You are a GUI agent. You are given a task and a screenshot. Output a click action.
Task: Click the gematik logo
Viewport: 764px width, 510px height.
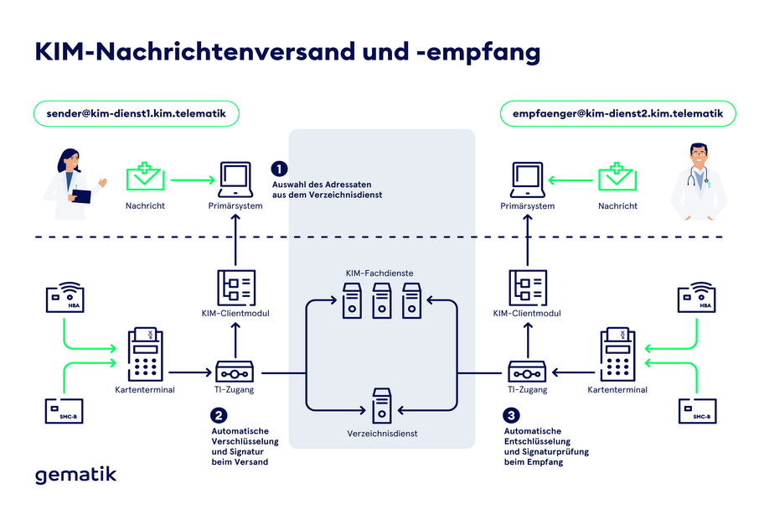point(75,475)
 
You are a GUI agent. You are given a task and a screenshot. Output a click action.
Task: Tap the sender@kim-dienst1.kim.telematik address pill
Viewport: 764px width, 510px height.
point(137,112)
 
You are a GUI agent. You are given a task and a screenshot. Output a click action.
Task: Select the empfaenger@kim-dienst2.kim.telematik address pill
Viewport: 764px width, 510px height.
point(617,112)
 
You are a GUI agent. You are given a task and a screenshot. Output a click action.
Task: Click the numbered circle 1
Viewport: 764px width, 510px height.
point(280,168)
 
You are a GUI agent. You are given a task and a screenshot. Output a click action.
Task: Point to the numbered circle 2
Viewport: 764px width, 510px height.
point(219,414)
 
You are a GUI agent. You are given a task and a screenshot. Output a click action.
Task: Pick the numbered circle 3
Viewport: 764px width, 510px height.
point(512,414)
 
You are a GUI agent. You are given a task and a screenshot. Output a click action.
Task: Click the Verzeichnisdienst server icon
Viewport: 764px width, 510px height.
point(381,406)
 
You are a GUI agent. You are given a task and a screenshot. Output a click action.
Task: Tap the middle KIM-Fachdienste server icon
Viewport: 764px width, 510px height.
point(381,300)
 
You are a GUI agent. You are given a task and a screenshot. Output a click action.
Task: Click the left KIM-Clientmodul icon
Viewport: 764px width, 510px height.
point(235,286)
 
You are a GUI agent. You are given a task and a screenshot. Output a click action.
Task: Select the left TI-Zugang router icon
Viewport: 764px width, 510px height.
point(235,371)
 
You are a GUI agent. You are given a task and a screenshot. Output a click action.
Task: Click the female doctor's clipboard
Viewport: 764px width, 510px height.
point(80,196)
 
